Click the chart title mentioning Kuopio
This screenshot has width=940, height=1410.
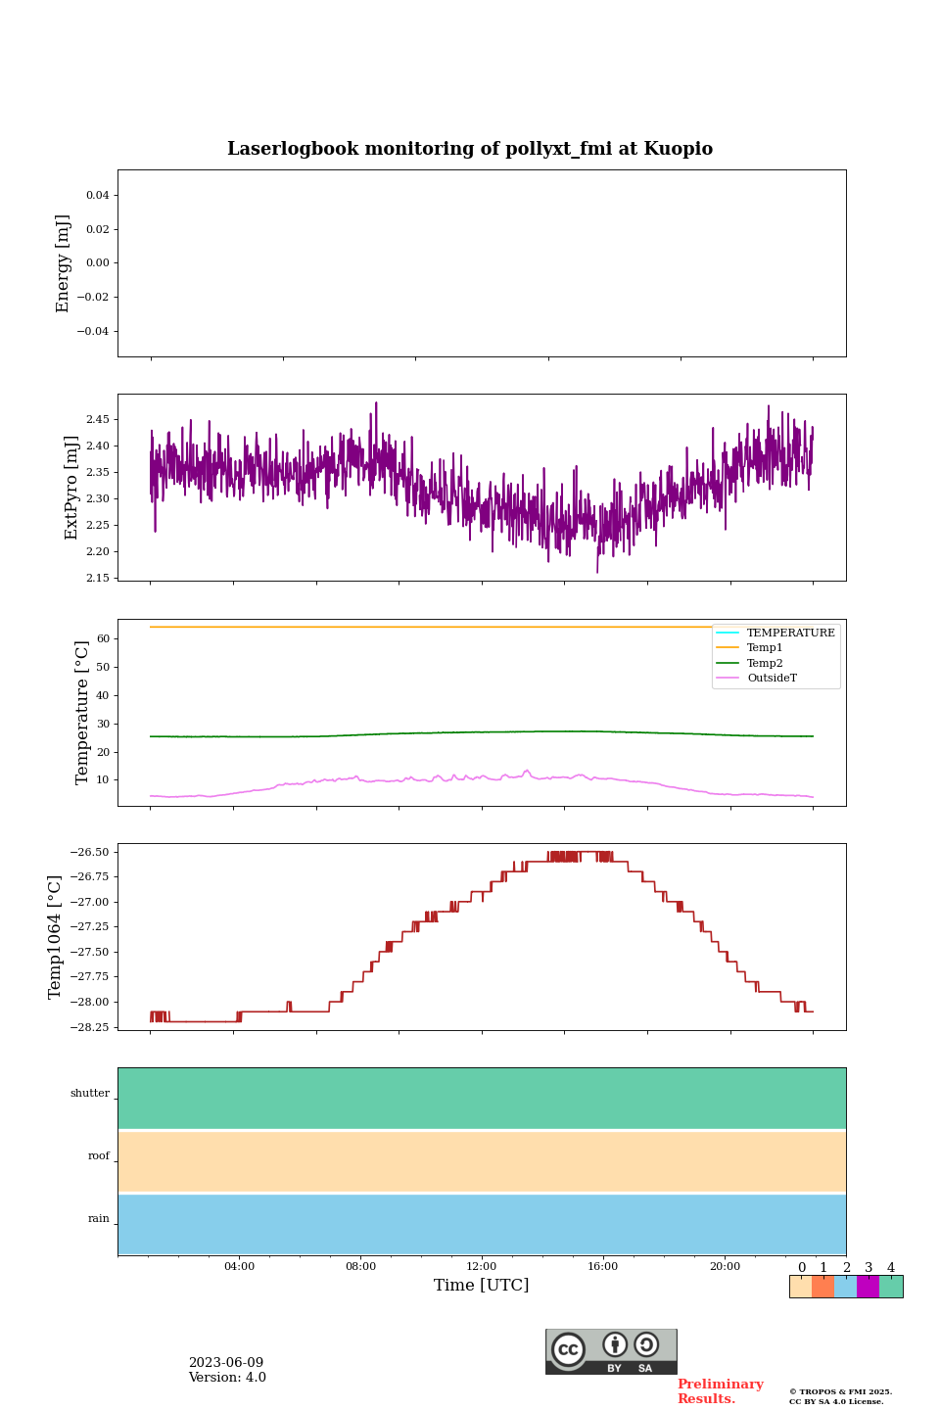tap(470, 149)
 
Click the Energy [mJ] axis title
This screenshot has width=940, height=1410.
tap(63, 263)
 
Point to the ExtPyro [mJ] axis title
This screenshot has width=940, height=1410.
tap(70, 488)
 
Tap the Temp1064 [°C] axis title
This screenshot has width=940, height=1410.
tap(55, 937)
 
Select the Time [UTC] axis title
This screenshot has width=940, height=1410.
tap(481, 1286)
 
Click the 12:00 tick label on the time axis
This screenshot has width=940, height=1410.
tap(481, 1266)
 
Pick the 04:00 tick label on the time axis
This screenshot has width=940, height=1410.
tap(239, 1266)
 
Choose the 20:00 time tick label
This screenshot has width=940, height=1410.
tap(725, 1266)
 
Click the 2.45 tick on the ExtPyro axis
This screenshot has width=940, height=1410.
tap(97, 420)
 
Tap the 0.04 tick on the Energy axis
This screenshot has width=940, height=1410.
tap(97, 196)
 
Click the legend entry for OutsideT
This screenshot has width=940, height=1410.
tap(772, 679)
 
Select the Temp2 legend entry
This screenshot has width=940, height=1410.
tap(765, 664)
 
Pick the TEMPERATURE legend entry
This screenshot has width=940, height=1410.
tap(790, 634)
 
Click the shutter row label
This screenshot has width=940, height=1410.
tap(90, 1094)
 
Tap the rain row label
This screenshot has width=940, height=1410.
tap(99, 1219)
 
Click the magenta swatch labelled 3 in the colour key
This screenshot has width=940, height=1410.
tap(868, 1287)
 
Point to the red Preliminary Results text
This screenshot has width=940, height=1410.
tap(720, 1391)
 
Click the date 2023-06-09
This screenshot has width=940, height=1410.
tap(226, 1363)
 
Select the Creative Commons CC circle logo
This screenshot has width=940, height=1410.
tap(568, 1349)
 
